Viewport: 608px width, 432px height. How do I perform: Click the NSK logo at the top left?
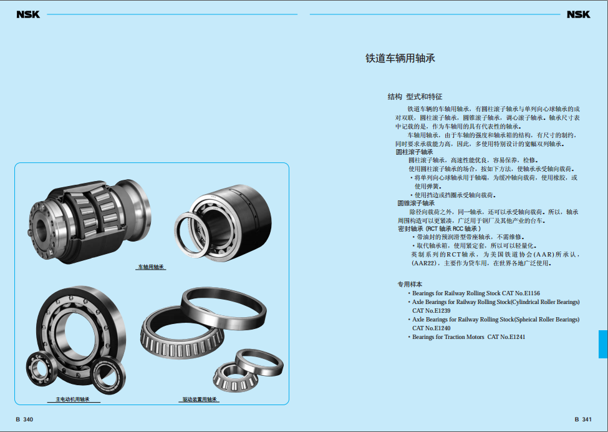(28, 14)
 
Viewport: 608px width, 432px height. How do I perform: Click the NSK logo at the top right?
(578, 14)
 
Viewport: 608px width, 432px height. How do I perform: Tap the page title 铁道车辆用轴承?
(400, 58)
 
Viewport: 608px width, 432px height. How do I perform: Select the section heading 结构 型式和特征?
(415, 97)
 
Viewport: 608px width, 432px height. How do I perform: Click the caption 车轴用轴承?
(151, 267)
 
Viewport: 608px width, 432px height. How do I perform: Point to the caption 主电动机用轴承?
(72, 400)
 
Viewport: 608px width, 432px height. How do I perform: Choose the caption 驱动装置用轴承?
(200, 400)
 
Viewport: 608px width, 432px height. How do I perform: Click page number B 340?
(24, 419)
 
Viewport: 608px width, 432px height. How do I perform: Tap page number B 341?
(583, 419)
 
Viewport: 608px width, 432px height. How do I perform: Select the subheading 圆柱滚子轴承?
(414, 152)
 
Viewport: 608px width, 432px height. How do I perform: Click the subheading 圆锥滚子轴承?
(416, 203)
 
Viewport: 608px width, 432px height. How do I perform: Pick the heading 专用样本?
(410, 284)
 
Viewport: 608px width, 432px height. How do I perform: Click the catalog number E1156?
(532, 293)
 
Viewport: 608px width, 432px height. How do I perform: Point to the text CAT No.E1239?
(431, 310)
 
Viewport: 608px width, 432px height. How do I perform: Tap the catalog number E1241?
(517, 337)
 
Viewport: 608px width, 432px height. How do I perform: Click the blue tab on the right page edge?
(604, 344)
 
